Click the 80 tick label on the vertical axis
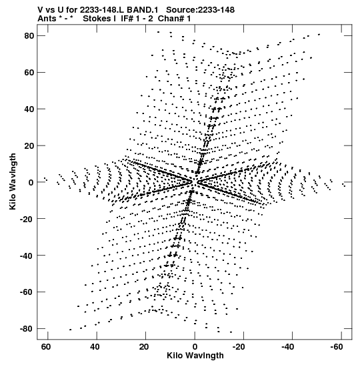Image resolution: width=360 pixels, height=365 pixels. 29,36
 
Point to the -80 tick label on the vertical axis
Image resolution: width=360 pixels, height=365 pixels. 27,329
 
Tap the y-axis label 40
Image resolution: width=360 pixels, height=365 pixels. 29,109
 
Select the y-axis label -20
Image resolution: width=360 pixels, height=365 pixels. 27,219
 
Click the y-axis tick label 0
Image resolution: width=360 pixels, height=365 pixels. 31,182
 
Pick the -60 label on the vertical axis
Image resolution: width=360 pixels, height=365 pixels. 27,292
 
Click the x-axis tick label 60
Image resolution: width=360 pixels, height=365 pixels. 46,347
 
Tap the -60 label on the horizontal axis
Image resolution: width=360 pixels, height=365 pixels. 336,347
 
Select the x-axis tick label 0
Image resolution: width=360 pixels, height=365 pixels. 195,347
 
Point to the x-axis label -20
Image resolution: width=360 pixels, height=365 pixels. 238,347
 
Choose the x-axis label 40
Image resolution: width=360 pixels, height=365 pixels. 95,347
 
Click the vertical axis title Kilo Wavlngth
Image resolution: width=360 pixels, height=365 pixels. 13,181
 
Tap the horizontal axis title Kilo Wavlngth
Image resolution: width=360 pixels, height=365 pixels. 195,356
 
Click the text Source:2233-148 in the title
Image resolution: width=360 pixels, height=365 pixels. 200,10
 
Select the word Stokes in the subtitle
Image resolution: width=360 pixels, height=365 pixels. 97,19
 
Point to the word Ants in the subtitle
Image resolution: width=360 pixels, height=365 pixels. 47,19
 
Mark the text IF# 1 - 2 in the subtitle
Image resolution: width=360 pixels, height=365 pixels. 137,19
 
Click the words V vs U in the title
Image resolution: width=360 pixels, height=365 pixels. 51,10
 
